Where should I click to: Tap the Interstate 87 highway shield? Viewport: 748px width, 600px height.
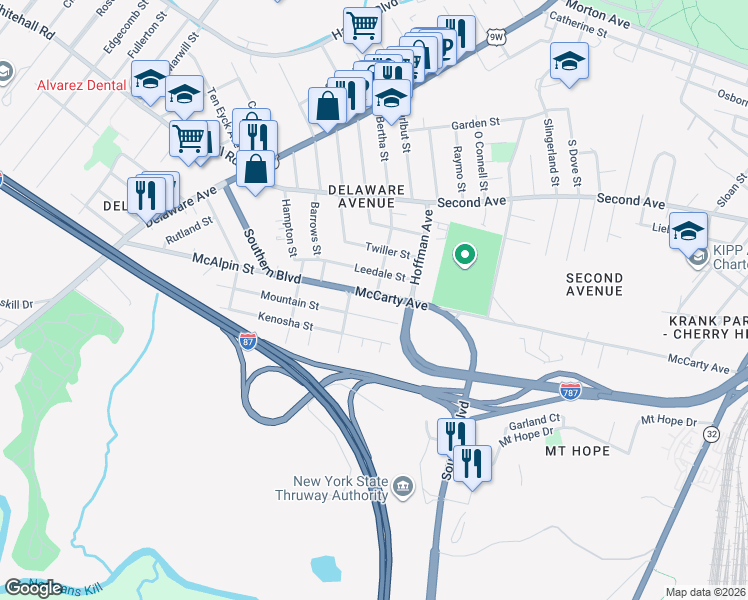pyautogui.click(x=249, y=342)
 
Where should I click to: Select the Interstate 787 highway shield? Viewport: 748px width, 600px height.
pyautogui.click(x=570, y=389)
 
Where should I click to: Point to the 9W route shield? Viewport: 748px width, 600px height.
pyautogui.click(x=496, y=38)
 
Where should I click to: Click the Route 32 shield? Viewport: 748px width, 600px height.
pyautogui.click(x=711, y=434)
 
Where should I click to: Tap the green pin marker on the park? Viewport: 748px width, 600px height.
pyautogui.click(x=464, y=255)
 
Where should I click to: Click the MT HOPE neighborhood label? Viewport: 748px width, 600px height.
pyautogui.click(x=577, y=451)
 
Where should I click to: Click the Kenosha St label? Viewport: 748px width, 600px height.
pyautogui.click(x=287, y=325)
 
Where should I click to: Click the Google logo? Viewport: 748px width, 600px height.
pyautogui.click(x=34, y=587)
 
